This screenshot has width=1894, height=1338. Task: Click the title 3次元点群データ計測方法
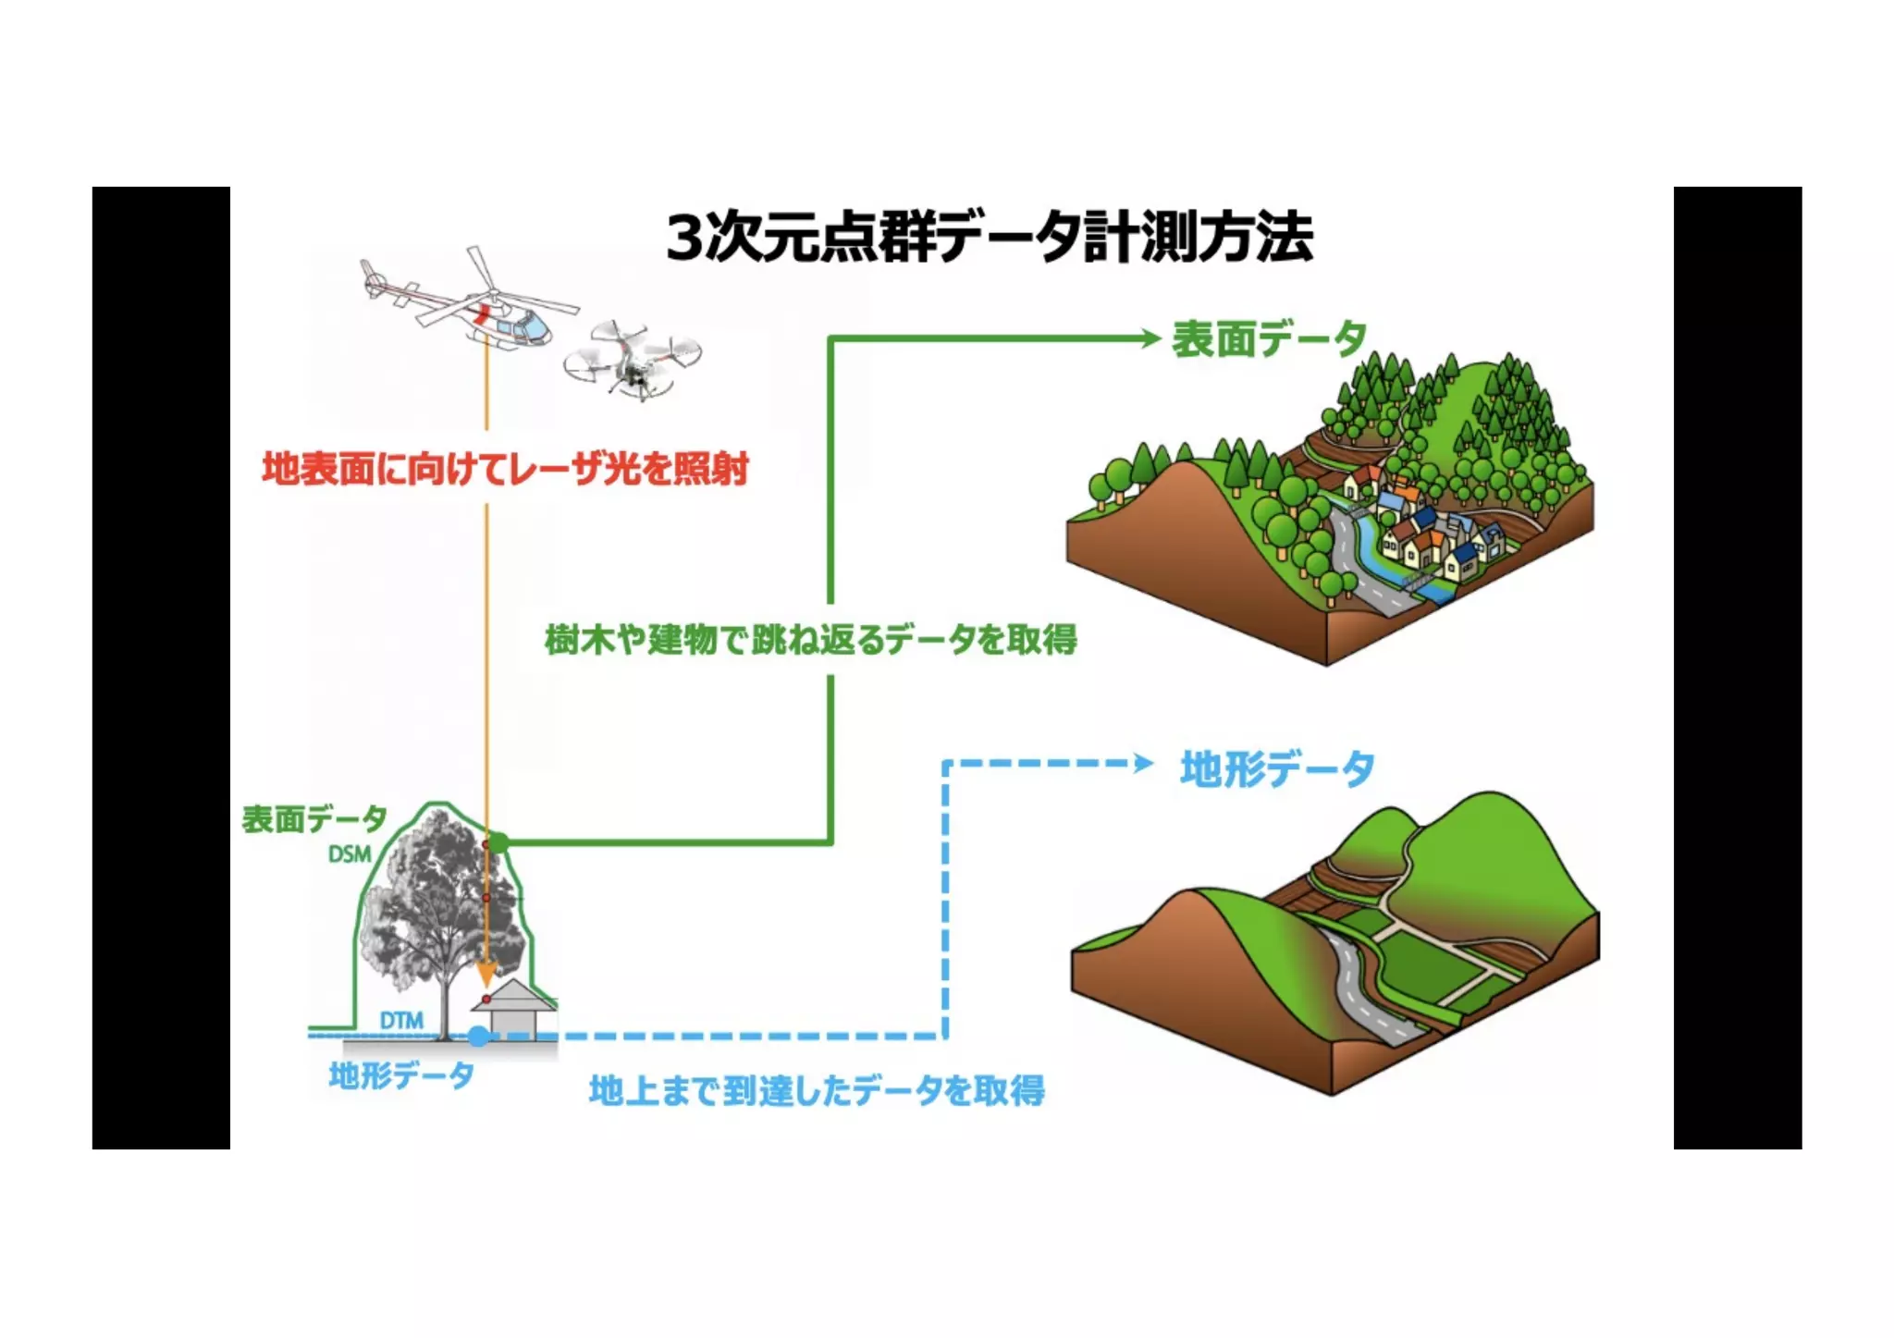[x=989, y=237]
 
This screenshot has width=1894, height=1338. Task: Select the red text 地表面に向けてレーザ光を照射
[x=505, y=469]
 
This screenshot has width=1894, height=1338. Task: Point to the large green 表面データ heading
[x=1269, y=339]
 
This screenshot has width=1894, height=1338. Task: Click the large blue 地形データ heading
[x=1277, y=768]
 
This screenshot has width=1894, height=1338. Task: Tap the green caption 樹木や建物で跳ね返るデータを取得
[x=810, y=639]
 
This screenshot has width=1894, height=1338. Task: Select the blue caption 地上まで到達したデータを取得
[x=817, y=1090]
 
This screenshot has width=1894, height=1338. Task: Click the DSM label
[x=350, y=854]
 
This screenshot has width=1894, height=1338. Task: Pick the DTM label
[x=401, y=1020]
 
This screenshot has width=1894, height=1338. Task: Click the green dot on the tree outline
[x=498, y=842]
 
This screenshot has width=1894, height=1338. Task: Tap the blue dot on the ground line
[x=478, y=1036]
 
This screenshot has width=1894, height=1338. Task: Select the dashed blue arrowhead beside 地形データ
[x=1144, y=764]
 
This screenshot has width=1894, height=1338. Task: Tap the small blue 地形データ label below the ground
[x=401, y=1074]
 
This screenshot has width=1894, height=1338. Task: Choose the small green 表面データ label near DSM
[x=314, y=818]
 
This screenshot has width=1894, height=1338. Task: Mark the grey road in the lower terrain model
[x=1359, y=999]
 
